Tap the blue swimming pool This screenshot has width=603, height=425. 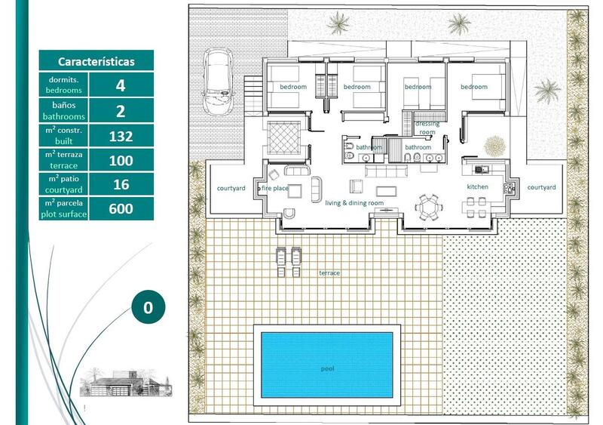click(326, 365)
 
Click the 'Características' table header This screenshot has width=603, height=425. click(96, 61)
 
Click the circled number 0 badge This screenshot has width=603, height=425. click(148, 307)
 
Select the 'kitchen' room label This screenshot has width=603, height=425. click(477, 186)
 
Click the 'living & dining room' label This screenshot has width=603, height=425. click(354, 203)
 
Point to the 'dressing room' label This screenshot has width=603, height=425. click(427, 127)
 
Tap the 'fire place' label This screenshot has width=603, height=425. click(275, 188)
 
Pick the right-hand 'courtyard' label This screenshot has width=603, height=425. click(541, 187)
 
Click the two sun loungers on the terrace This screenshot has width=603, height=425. click(289, 260)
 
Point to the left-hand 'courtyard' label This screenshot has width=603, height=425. click(231, 188)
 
